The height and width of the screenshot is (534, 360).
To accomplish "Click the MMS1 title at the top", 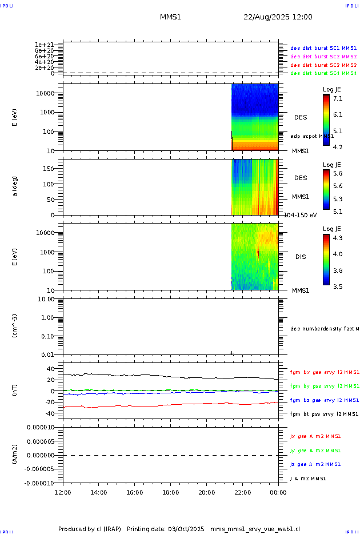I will pyautogui.click(x=170, y=17).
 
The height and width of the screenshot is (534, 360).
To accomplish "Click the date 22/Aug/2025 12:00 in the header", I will pyautogui.click(x=278, y=17).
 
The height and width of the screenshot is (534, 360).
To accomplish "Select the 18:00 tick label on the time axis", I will pyautogui.click(x=170, y=492).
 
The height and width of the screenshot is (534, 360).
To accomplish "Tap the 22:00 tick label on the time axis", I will pyautogui.click(x=242, y=492).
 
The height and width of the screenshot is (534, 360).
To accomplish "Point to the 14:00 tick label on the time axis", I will pyautogui.click(x=99, y=492).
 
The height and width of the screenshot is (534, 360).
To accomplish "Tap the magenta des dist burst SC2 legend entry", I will pyautogui.click(x=323, y=57).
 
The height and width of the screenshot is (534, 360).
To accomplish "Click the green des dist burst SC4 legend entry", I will pyautogui.click(x=323, y=73).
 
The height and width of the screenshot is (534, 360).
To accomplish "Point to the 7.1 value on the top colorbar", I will pyautogui.click(x=338, y=98).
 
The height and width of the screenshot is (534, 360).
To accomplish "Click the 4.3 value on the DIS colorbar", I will pyautogui.click(x=338, y=237).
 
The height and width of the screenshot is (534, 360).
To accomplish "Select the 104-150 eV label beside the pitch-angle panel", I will pyautogui.click(x=300, y=215).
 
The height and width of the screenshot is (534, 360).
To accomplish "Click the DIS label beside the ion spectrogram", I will pyautogui.click(x=301, y=257).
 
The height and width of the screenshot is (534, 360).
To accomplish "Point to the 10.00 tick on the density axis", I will pyautogui.click(x=45, y=299).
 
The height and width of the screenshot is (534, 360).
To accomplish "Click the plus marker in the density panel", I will pyautogui.click(x=231, y=353).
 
